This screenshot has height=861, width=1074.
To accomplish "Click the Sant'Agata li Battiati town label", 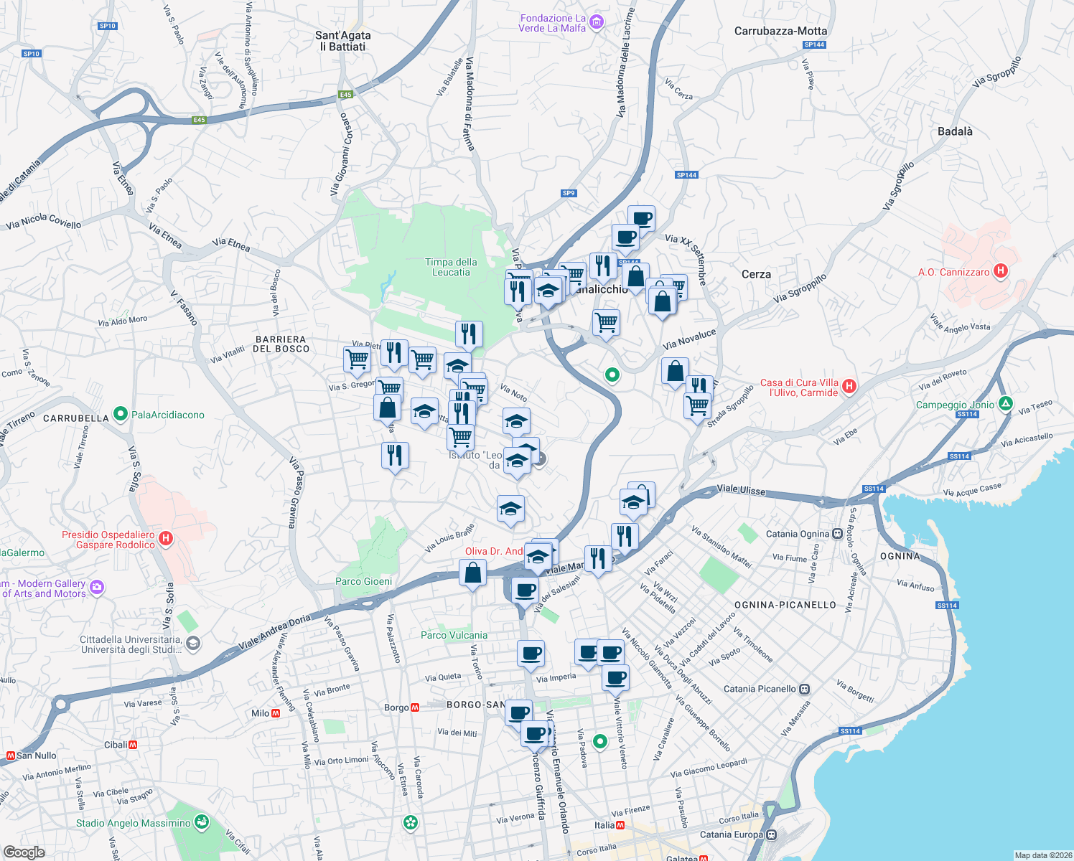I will point(343,41).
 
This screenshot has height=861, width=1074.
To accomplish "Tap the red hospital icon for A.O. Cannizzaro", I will point(1000,271).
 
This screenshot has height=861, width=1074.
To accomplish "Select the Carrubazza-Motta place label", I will point(780,31).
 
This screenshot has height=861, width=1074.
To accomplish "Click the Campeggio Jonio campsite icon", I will point(1006,405).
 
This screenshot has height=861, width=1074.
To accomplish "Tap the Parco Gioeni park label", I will point(364,581).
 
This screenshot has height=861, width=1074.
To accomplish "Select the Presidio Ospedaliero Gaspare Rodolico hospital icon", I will point(166,538).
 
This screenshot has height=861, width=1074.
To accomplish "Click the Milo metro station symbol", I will point(276,713).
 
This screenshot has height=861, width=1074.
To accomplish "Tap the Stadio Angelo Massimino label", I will point(134,823).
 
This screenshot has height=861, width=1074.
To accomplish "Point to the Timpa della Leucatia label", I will point(451,267).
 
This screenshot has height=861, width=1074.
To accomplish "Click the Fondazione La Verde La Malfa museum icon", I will point(597,23).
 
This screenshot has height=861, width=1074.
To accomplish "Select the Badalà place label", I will point(955,131).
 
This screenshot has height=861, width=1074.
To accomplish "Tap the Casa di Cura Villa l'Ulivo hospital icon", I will point(849,387).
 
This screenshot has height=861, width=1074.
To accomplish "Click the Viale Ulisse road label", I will point(741,489).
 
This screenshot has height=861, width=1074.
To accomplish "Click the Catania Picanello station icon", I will point(805,689).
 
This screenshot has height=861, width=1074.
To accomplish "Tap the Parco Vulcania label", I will point(454,635).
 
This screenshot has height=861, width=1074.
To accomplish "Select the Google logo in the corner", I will point(24,852).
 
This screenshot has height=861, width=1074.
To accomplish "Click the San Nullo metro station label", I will point(37,756).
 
